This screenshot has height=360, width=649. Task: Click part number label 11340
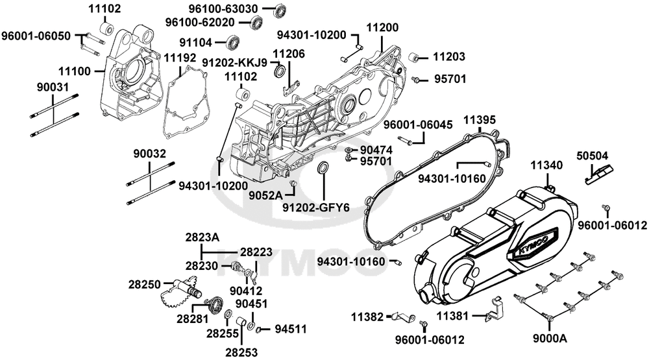[546, 166]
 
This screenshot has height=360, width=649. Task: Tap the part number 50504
[592, 157]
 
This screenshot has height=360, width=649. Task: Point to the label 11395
[480, 120]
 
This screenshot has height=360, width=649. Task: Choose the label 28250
[143, 285]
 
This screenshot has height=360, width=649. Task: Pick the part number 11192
[180, 58]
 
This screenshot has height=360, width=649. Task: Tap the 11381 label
[451, 316]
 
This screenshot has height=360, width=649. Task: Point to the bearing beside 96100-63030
[280, 10]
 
